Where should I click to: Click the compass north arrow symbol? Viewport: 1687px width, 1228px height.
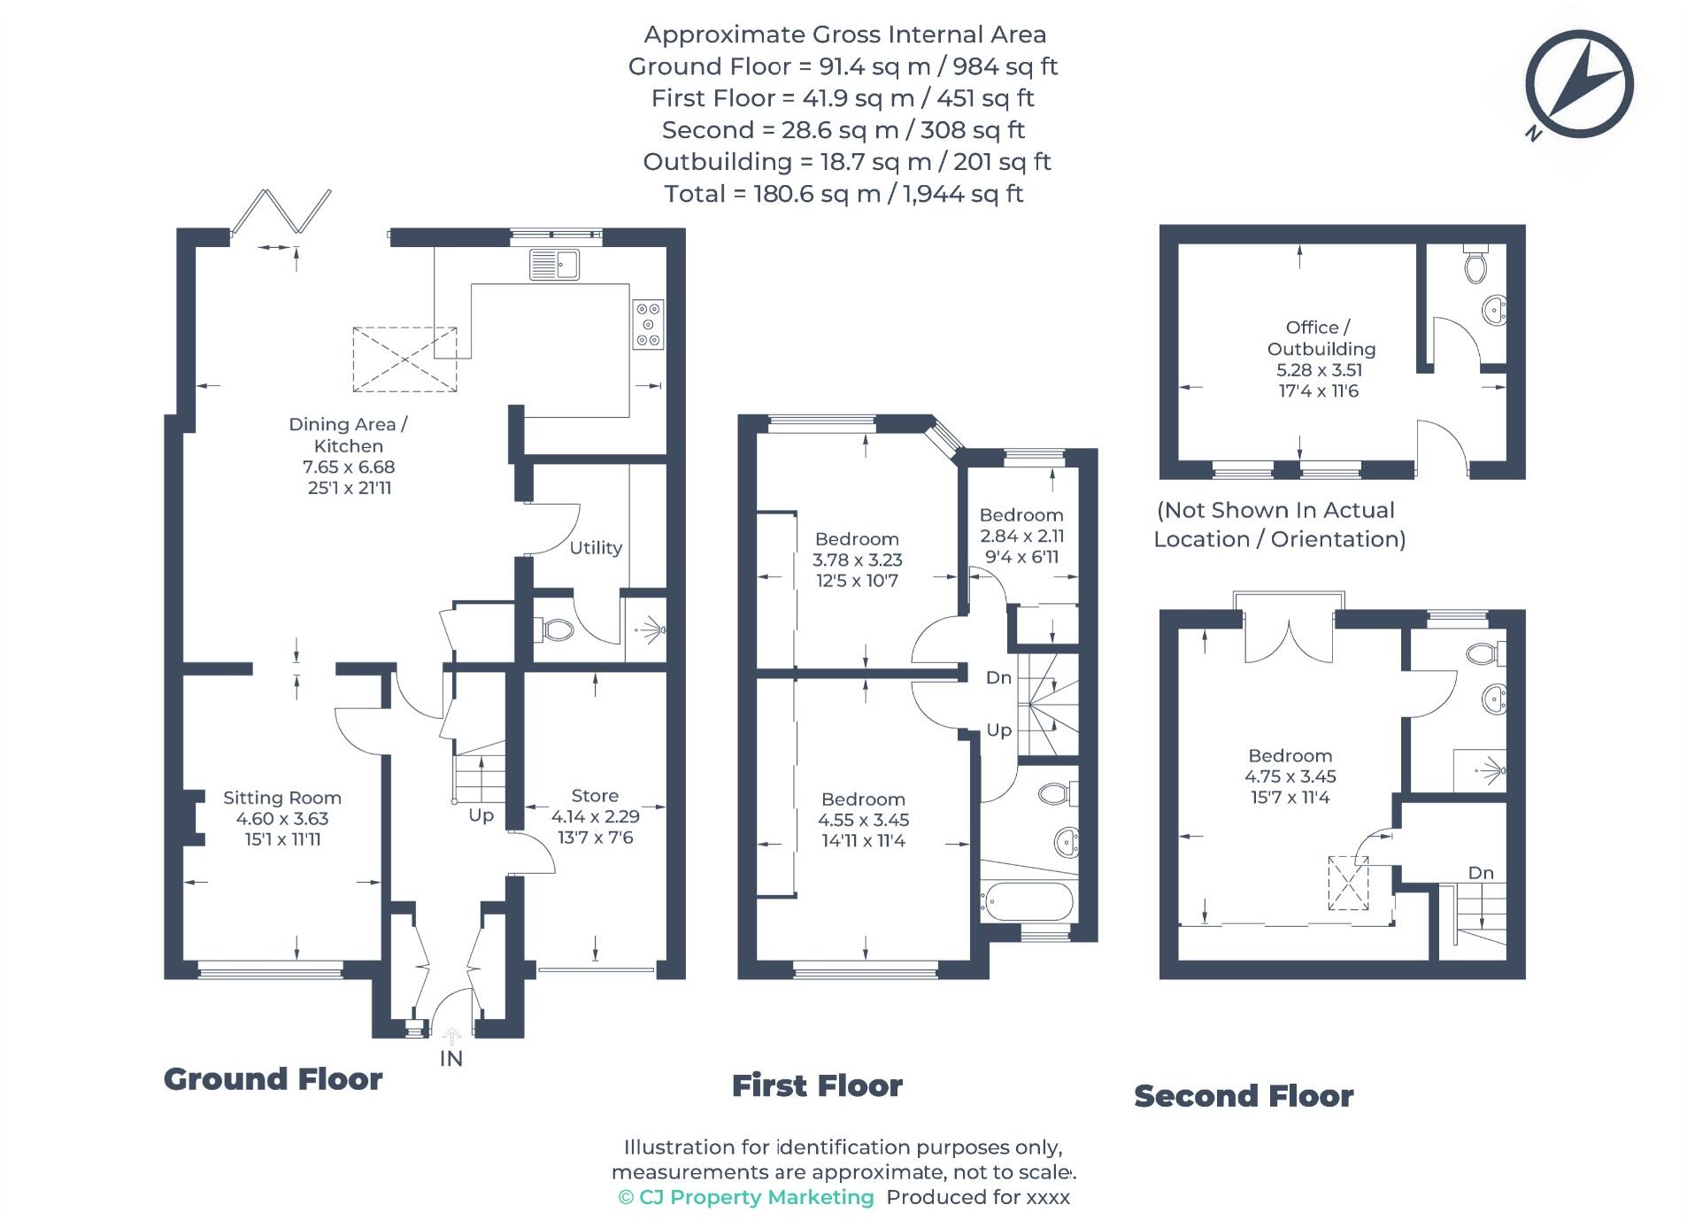click(x=1578, y=85)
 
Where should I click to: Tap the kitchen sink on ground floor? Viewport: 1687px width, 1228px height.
click(x=554, y=264)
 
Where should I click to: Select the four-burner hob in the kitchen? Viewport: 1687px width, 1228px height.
click(x=647, y=324)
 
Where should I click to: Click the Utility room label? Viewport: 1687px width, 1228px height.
click(x=595, y=547)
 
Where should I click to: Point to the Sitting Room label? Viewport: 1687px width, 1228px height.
click(x=281, y=797)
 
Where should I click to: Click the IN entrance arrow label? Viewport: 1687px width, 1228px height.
click(x=451, y=1057)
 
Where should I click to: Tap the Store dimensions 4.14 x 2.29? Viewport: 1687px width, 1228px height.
click(x=595, y=816)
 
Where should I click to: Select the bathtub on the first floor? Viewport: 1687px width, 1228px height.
click(x=1027, y=903)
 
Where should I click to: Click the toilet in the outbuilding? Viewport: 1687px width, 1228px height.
click(x=1475, y=264)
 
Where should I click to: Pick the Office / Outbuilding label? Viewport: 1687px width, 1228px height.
click(x=1320, y=338)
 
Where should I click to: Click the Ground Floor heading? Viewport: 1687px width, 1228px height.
click(x=273, y=1078)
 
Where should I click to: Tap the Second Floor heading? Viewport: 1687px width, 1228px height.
click(x=1243, y=1095)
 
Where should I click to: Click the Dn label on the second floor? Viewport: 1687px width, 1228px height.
click(x=1481, y=872)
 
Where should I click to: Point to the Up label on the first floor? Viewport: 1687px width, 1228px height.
click(x=998, y=730)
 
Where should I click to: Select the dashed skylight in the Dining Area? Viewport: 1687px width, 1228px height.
click(x=404, y=359)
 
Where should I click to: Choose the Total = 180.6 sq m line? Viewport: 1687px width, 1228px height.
click(x=843, y=193)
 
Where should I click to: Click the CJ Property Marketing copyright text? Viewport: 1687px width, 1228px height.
click(x=745, y=1197)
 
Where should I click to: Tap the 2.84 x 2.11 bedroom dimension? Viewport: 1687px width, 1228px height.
click(x=1021, y=536)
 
